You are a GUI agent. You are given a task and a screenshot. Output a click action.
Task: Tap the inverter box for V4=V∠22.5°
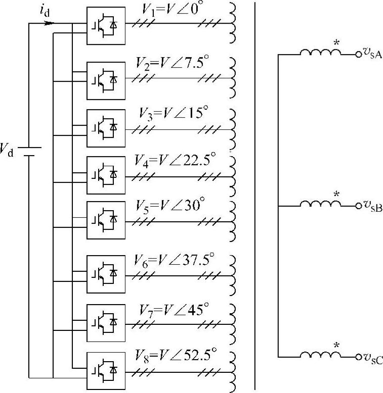click(105, 175)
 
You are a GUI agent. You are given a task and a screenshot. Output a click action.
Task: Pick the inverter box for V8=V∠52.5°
click(105, 371)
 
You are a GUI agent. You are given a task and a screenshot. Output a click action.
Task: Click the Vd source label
click(8, 150)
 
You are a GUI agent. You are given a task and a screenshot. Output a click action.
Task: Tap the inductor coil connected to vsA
click(321, 52)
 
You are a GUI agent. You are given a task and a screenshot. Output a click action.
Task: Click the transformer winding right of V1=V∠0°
click(234, 24)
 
